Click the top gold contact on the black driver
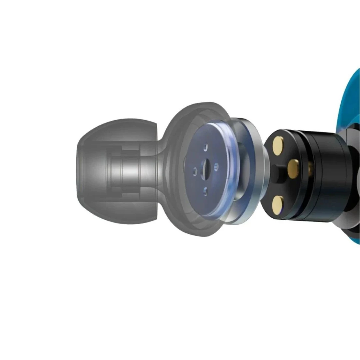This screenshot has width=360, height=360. pyautogui.click(x=278, y=146)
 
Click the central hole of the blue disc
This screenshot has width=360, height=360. pyautogui.click(x=206, y=166)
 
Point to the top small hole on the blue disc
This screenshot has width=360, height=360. pyautogui.click(x=206, y=147)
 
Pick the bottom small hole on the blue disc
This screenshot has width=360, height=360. pyautogui.click(x=205, y=191)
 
